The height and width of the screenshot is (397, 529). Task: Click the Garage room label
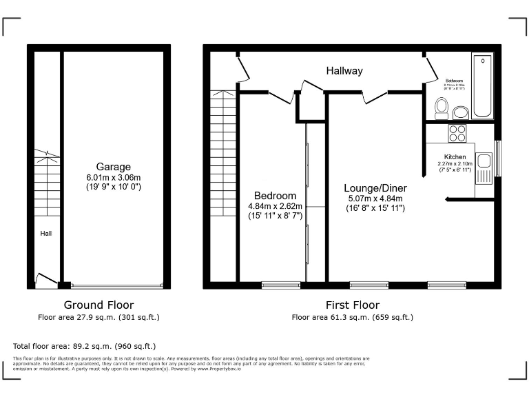[x=114, y=167]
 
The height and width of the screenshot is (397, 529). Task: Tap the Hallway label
[x=344, y=71]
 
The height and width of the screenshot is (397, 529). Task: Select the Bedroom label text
[x=275, y=196]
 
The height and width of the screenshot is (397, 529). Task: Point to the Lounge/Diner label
[x=375, y=188]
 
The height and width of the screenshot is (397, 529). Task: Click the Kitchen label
[x=455, y=157]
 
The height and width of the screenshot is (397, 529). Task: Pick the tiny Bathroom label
[x=454, y=80]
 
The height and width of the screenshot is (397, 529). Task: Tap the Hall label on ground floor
[x=45, y=234]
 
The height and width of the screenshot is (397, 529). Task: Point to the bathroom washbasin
[x=461, y=112]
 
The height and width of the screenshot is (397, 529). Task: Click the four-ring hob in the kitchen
[x=457, y=132]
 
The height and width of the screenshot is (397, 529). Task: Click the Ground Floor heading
[x=98, y=305]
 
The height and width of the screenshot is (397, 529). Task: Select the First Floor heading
[x=352, y=305]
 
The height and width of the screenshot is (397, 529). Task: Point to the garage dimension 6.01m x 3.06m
[x=114, y=176]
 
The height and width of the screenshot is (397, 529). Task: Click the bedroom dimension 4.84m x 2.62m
[x=275, y=205]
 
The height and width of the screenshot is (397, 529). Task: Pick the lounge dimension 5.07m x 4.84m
[x=375, y=198]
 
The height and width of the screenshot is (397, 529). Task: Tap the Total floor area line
[x=85, y=346]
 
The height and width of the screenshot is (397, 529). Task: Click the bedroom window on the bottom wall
[x=280, y=285]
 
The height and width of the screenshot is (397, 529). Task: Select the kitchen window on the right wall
[x=497, y=158]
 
